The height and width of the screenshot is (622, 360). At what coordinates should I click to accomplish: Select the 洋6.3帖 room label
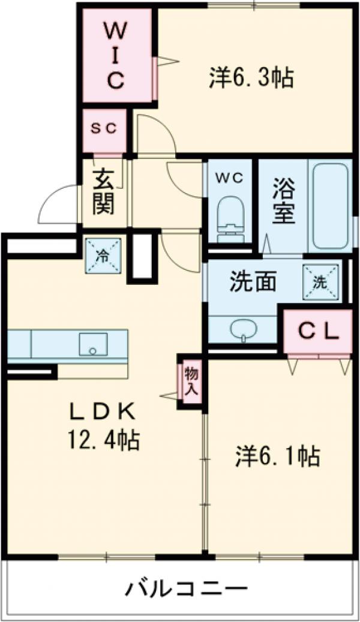click(251, 77)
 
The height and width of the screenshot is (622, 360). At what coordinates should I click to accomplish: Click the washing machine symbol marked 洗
click(319, 281)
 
